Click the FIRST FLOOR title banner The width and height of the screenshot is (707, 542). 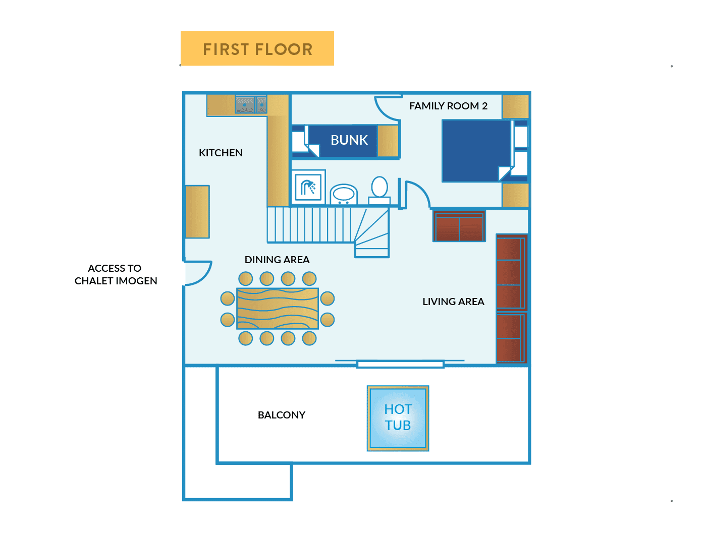coord(257,48)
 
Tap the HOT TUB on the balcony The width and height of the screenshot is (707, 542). coord(398,418)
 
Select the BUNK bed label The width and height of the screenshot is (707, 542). coord(349,140)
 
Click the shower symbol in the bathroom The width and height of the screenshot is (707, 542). coord(308,188)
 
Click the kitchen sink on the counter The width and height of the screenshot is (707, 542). coord(250,105)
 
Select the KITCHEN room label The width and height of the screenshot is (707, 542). coord(221,153)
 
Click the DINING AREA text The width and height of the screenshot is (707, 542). coord(277,260)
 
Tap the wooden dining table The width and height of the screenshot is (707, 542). coord(278,309)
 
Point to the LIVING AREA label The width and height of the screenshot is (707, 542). coord(453,302)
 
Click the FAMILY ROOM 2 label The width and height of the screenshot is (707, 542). coord(448,106)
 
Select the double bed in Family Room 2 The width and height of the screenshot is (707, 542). coord(476,150)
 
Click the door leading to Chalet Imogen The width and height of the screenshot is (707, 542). coord(197,273)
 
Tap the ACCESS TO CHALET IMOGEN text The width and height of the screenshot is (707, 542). coord(116,274)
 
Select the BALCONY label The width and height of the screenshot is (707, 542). coord(281,415)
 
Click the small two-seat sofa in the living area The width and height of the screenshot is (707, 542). coord(459,226)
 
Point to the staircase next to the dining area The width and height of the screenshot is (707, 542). coord(328,227)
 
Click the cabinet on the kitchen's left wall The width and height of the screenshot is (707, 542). coord(197,212)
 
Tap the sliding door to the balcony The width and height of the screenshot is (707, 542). coord(400,364)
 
